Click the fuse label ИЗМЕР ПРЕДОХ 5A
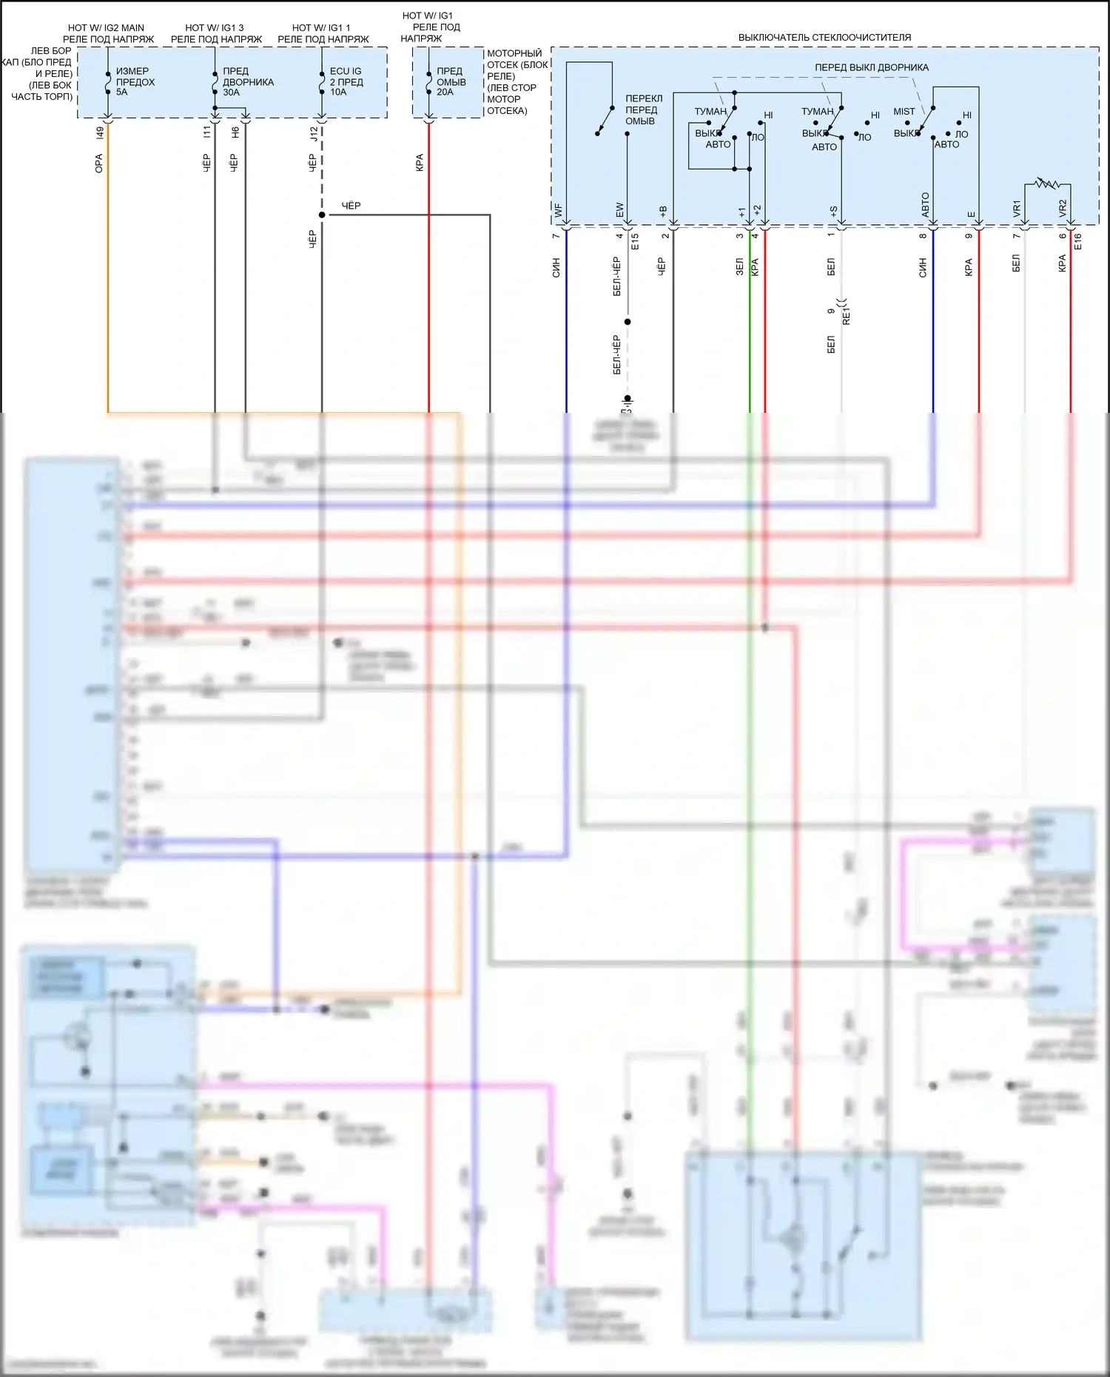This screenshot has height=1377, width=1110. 135,82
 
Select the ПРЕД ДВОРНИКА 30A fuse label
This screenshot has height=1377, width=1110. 248,82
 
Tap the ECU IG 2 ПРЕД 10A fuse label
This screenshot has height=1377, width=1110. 346,82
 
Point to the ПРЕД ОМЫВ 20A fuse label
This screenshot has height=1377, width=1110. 451,82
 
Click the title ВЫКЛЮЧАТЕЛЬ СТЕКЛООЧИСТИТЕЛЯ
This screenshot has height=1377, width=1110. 824,38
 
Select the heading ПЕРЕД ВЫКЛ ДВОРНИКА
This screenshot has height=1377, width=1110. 871,67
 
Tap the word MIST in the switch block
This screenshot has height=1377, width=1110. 904,112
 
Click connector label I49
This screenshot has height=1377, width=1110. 100,133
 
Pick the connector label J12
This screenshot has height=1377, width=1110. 314,134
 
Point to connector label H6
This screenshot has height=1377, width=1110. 235,133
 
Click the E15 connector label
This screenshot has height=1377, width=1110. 635,241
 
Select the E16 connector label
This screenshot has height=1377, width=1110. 1077,241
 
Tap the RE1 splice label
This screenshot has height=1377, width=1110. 847,317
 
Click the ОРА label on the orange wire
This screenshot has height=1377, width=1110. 99,164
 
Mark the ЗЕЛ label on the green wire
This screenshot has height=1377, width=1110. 739,266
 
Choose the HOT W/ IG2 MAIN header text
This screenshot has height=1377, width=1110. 106,28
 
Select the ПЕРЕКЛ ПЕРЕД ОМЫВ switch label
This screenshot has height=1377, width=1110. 643,110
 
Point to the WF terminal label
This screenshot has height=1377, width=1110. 558,211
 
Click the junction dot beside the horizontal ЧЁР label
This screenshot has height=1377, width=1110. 322,215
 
